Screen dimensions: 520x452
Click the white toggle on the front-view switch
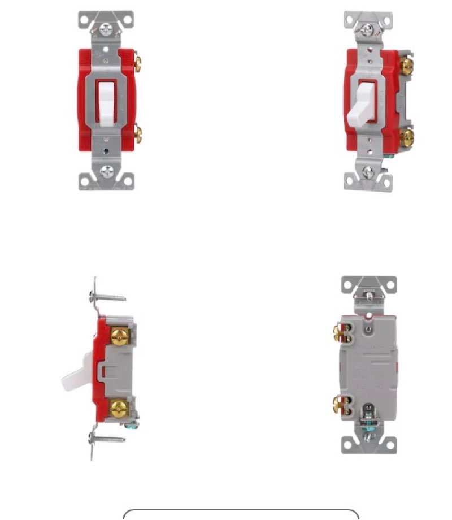coord(106,102)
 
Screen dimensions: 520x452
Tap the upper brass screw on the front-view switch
coord(137,62)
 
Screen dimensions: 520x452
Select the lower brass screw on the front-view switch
coord(137,135)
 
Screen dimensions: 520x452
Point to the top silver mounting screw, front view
coord(106,28)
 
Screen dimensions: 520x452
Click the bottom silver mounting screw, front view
coord(106,171)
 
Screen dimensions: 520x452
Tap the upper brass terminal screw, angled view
coord(407,66)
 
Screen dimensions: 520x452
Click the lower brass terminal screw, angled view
coord(407,137)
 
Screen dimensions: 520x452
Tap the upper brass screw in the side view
coord(119,337)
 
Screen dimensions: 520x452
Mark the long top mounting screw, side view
coord(107,296)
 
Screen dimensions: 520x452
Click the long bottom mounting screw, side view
coord(107,438)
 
